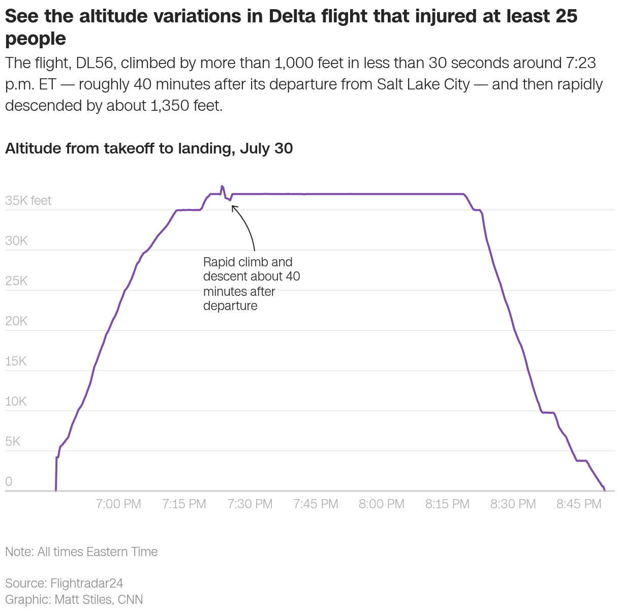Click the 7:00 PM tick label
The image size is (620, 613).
pos(118,504)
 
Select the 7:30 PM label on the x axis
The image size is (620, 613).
pos(250,504)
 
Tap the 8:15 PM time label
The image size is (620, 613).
pos(447,504)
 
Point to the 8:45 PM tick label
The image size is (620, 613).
pos(579,504)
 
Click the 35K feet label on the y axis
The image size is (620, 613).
pos(28,201)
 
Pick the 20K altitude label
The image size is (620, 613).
pos(16,321)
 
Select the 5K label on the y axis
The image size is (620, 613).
pos(13,442)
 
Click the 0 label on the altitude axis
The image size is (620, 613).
pos(9,482)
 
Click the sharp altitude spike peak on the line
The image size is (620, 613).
pos(222,187)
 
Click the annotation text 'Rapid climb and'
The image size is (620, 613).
pos(247,262)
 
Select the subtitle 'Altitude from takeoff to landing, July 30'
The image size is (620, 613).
pos(149,148)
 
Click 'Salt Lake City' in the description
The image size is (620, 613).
pos(423,84)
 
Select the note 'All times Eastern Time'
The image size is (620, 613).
pos(97,551)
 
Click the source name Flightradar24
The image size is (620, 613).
pos(86,583)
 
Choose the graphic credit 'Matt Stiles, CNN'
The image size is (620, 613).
pos(99,599)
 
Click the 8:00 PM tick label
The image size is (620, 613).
pos(382,504)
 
